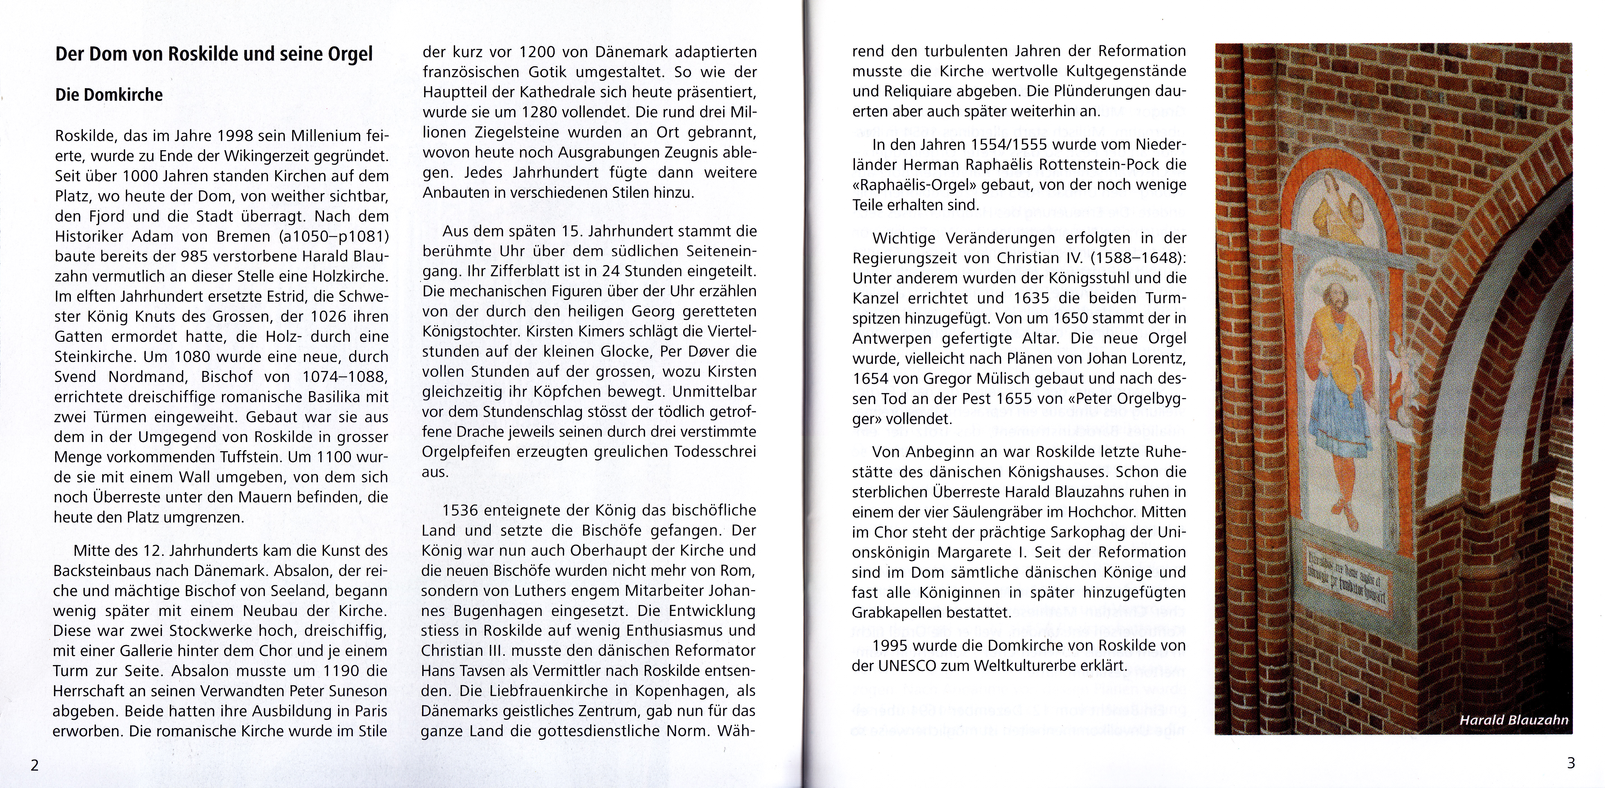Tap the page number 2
point(35,765)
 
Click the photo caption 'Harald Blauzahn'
point(1514,721)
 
